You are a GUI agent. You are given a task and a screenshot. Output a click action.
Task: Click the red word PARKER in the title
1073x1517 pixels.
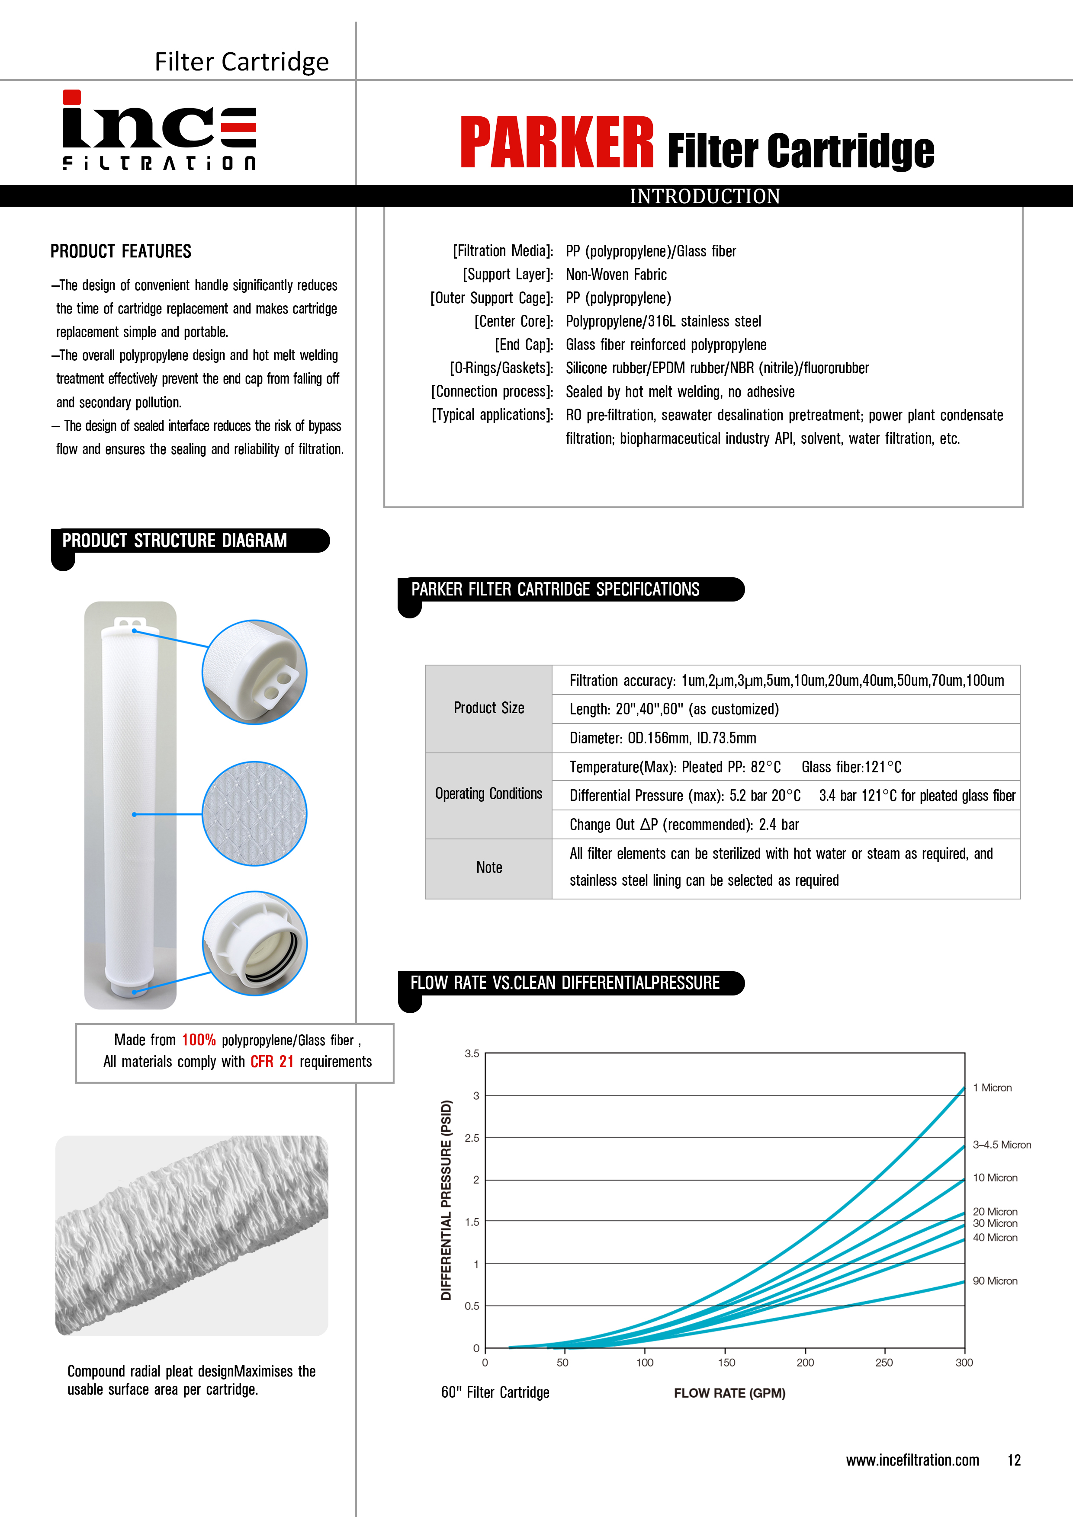[x=557, y=143]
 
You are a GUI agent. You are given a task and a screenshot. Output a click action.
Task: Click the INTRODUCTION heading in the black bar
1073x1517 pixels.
[x=705, y=196]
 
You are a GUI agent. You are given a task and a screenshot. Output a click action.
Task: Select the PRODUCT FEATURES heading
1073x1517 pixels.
[x=121, y=252]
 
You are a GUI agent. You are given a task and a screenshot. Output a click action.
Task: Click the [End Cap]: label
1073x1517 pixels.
[x=524, y=345]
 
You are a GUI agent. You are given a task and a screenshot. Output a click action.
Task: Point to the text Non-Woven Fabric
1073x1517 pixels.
[x=616, y=275]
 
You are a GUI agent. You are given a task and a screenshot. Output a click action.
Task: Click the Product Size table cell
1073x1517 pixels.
[x=488, y=708]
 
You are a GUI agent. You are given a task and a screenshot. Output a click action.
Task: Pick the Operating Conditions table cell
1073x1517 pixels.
[x=488, y=794]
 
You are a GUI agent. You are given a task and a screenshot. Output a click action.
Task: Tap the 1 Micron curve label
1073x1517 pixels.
[x=992, y=1088]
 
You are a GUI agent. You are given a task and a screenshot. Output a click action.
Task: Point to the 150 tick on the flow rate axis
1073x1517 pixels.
[x=726, y=1362]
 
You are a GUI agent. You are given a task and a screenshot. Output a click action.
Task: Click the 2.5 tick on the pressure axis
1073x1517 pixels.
[x=472, y=1138]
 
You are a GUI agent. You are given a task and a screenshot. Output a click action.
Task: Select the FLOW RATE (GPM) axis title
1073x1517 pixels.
[x=729, y=1393]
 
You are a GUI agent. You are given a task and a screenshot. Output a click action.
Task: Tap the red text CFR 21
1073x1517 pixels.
[x=272, y=1062]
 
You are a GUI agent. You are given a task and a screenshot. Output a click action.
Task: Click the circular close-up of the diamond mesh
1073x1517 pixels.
[x=254, y=813]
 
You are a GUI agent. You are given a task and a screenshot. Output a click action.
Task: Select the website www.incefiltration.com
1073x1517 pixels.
[x=912, y=1460]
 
